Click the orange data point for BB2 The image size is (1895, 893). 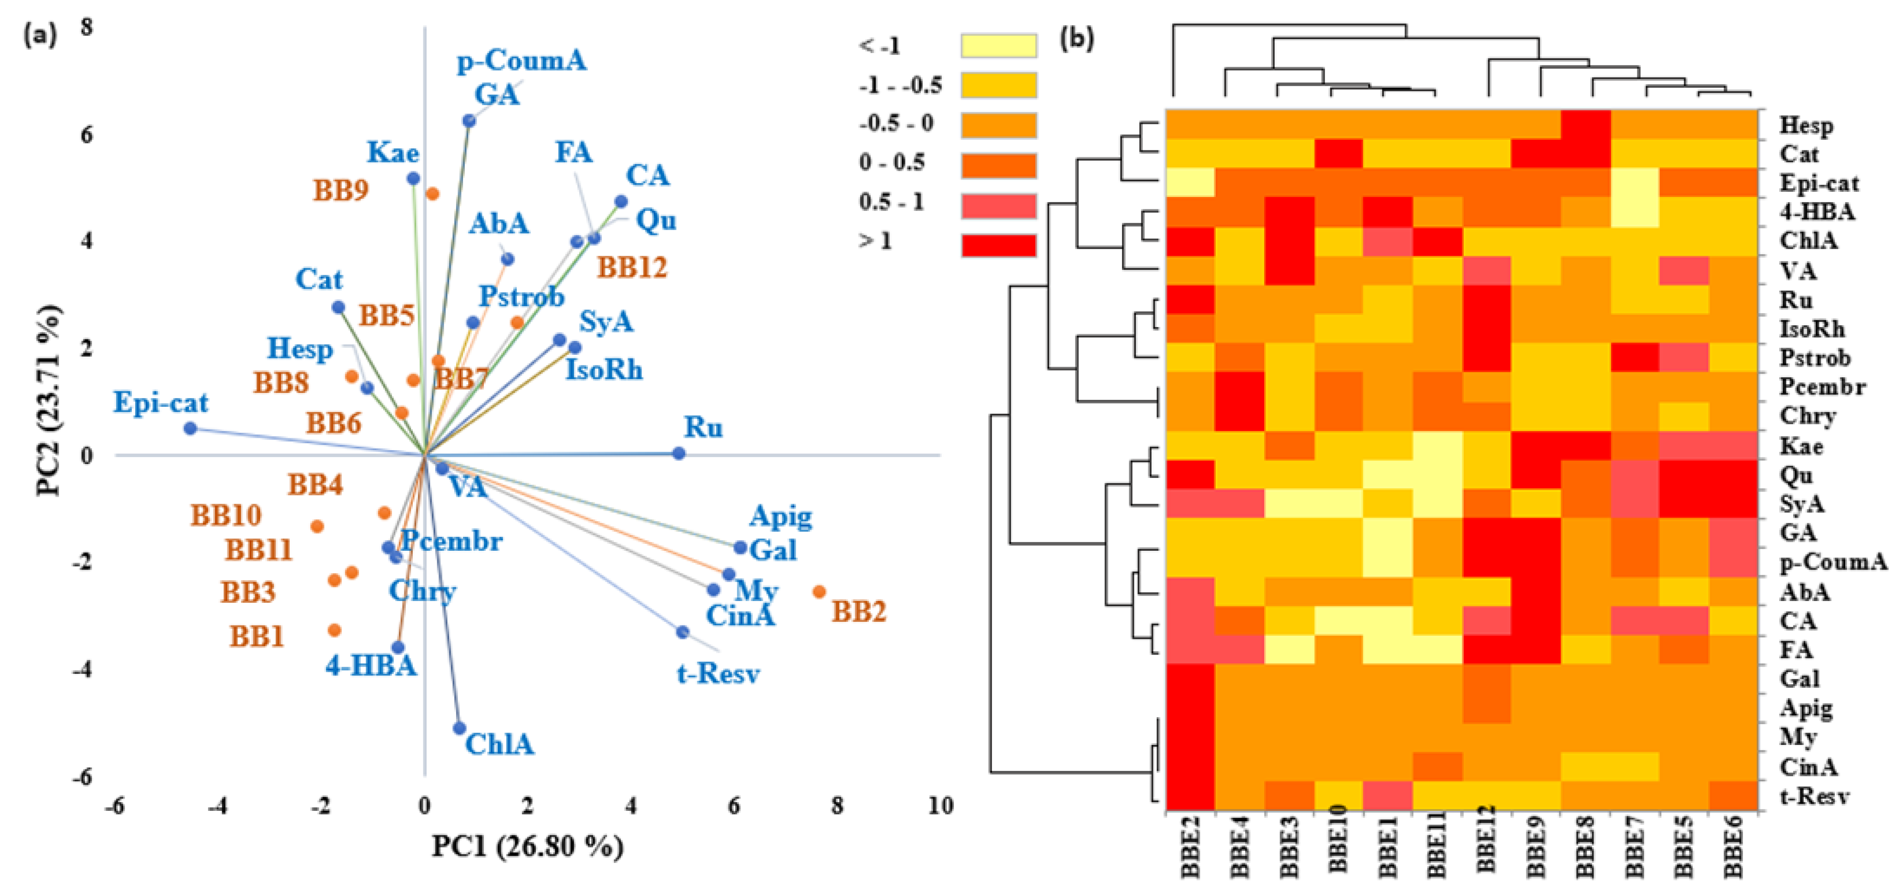819,591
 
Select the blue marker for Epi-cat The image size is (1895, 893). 190,428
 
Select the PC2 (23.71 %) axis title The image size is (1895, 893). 49,401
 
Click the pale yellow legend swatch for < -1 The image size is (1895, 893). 998,46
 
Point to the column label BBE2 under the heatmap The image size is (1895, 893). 1190,846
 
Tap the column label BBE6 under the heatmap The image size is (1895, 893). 1733,846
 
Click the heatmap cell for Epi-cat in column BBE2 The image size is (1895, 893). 1190,182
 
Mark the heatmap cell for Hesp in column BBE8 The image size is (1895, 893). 1585,125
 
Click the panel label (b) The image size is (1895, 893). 1076,38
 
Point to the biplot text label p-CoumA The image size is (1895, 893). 522,60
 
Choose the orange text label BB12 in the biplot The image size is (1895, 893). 632,268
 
